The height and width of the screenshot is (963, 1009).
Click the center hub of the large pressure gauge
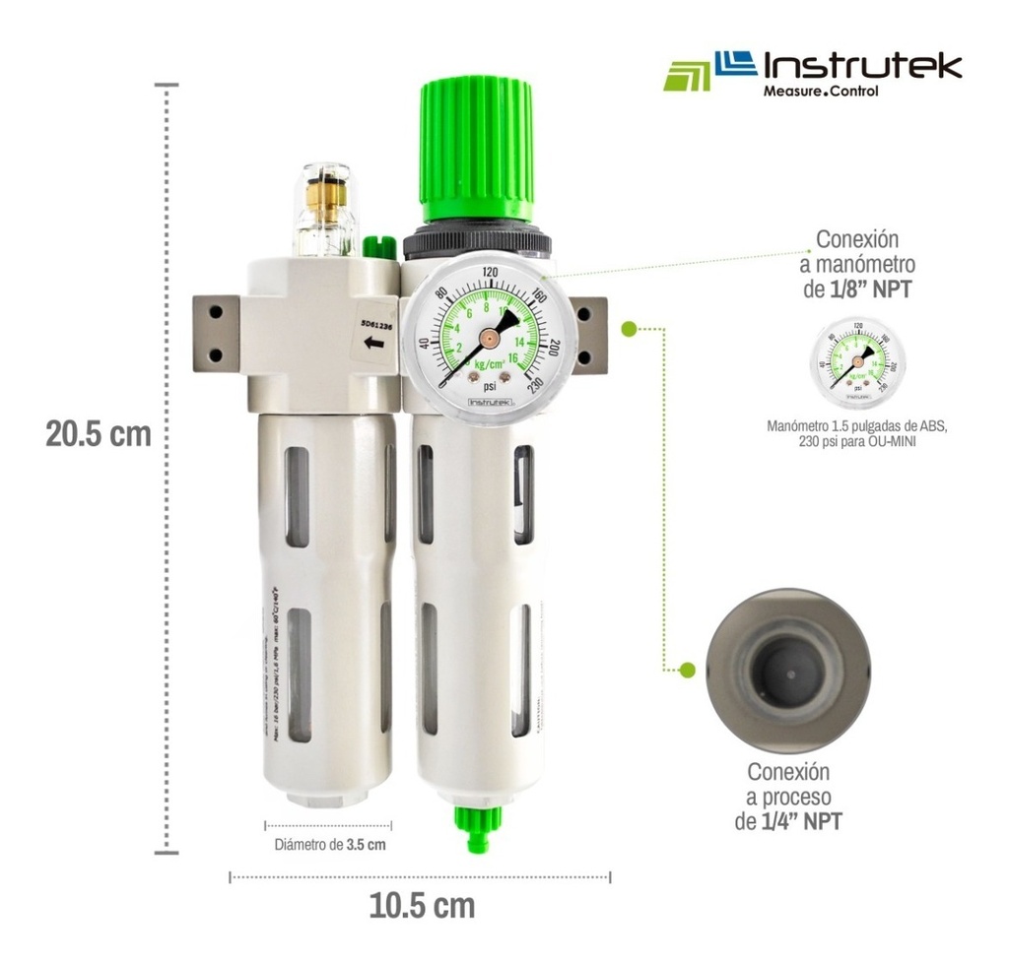pyautogui.click(x=486, y=337)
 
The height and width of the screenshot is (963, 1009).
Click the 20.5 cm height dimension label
pyautogui.click(x=99, y=433)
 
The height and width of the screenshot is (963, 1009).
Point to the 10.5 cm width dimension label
pyautogui.click(x=422, y=905)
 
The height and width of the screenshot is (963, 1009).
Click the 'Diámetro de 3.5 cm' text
pyautogui.click(x=329, y=845)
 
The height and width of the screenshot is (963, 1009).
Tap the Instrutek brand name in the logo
pyautogui.click(x=863, y=66)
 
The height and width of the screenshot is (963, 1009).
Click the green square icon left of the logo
pyautogui.click(x=687, y=76)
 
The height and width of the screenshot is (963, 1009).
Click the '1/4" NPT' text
pyautogui.click(x=802, y=820)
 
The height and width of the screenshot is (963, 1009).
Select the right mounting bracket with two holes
pyautogui.click(x=587, y=334)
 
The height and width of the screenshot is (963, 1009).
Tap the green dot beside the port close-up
pyautogui.click(x=688, y=670)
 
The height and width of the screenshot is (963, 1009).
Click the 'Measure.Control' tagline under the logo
pyautogui.click(x=820, y=92)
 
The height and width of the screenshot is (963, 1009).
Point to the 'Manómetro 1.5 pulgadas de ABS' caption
pyautogui.click(x=856, y=425)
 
